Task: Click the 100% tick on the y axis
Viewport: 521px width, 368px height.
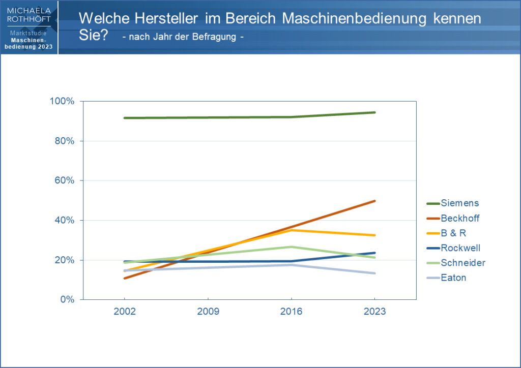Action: (62, 101)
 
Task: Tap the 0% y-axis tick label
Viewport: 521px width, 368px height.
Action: (67, 300)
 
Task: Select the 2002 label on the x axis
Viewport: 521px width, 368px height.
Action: (125, 312)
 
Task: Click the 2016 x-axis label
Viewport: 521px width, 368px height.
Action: (291, 312)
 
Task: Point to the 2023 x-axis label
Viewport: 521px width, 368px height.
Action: (375, 312)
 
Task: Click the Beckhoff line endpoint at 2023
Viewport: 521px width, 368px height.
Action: (375, 201)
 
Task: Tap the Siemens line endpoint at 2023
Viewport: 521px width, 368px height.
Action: (375, 112)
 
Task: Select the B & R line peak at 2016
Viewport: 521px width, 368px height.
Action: (291, 230)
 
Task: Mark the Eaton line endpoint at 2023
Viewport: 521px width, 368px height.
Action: (375, 273)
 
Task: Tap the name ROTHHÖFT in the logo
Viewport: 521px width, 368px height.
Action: (28, 19)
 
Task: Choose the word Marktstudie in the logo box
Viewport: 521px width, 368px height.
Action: (28, 34)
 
